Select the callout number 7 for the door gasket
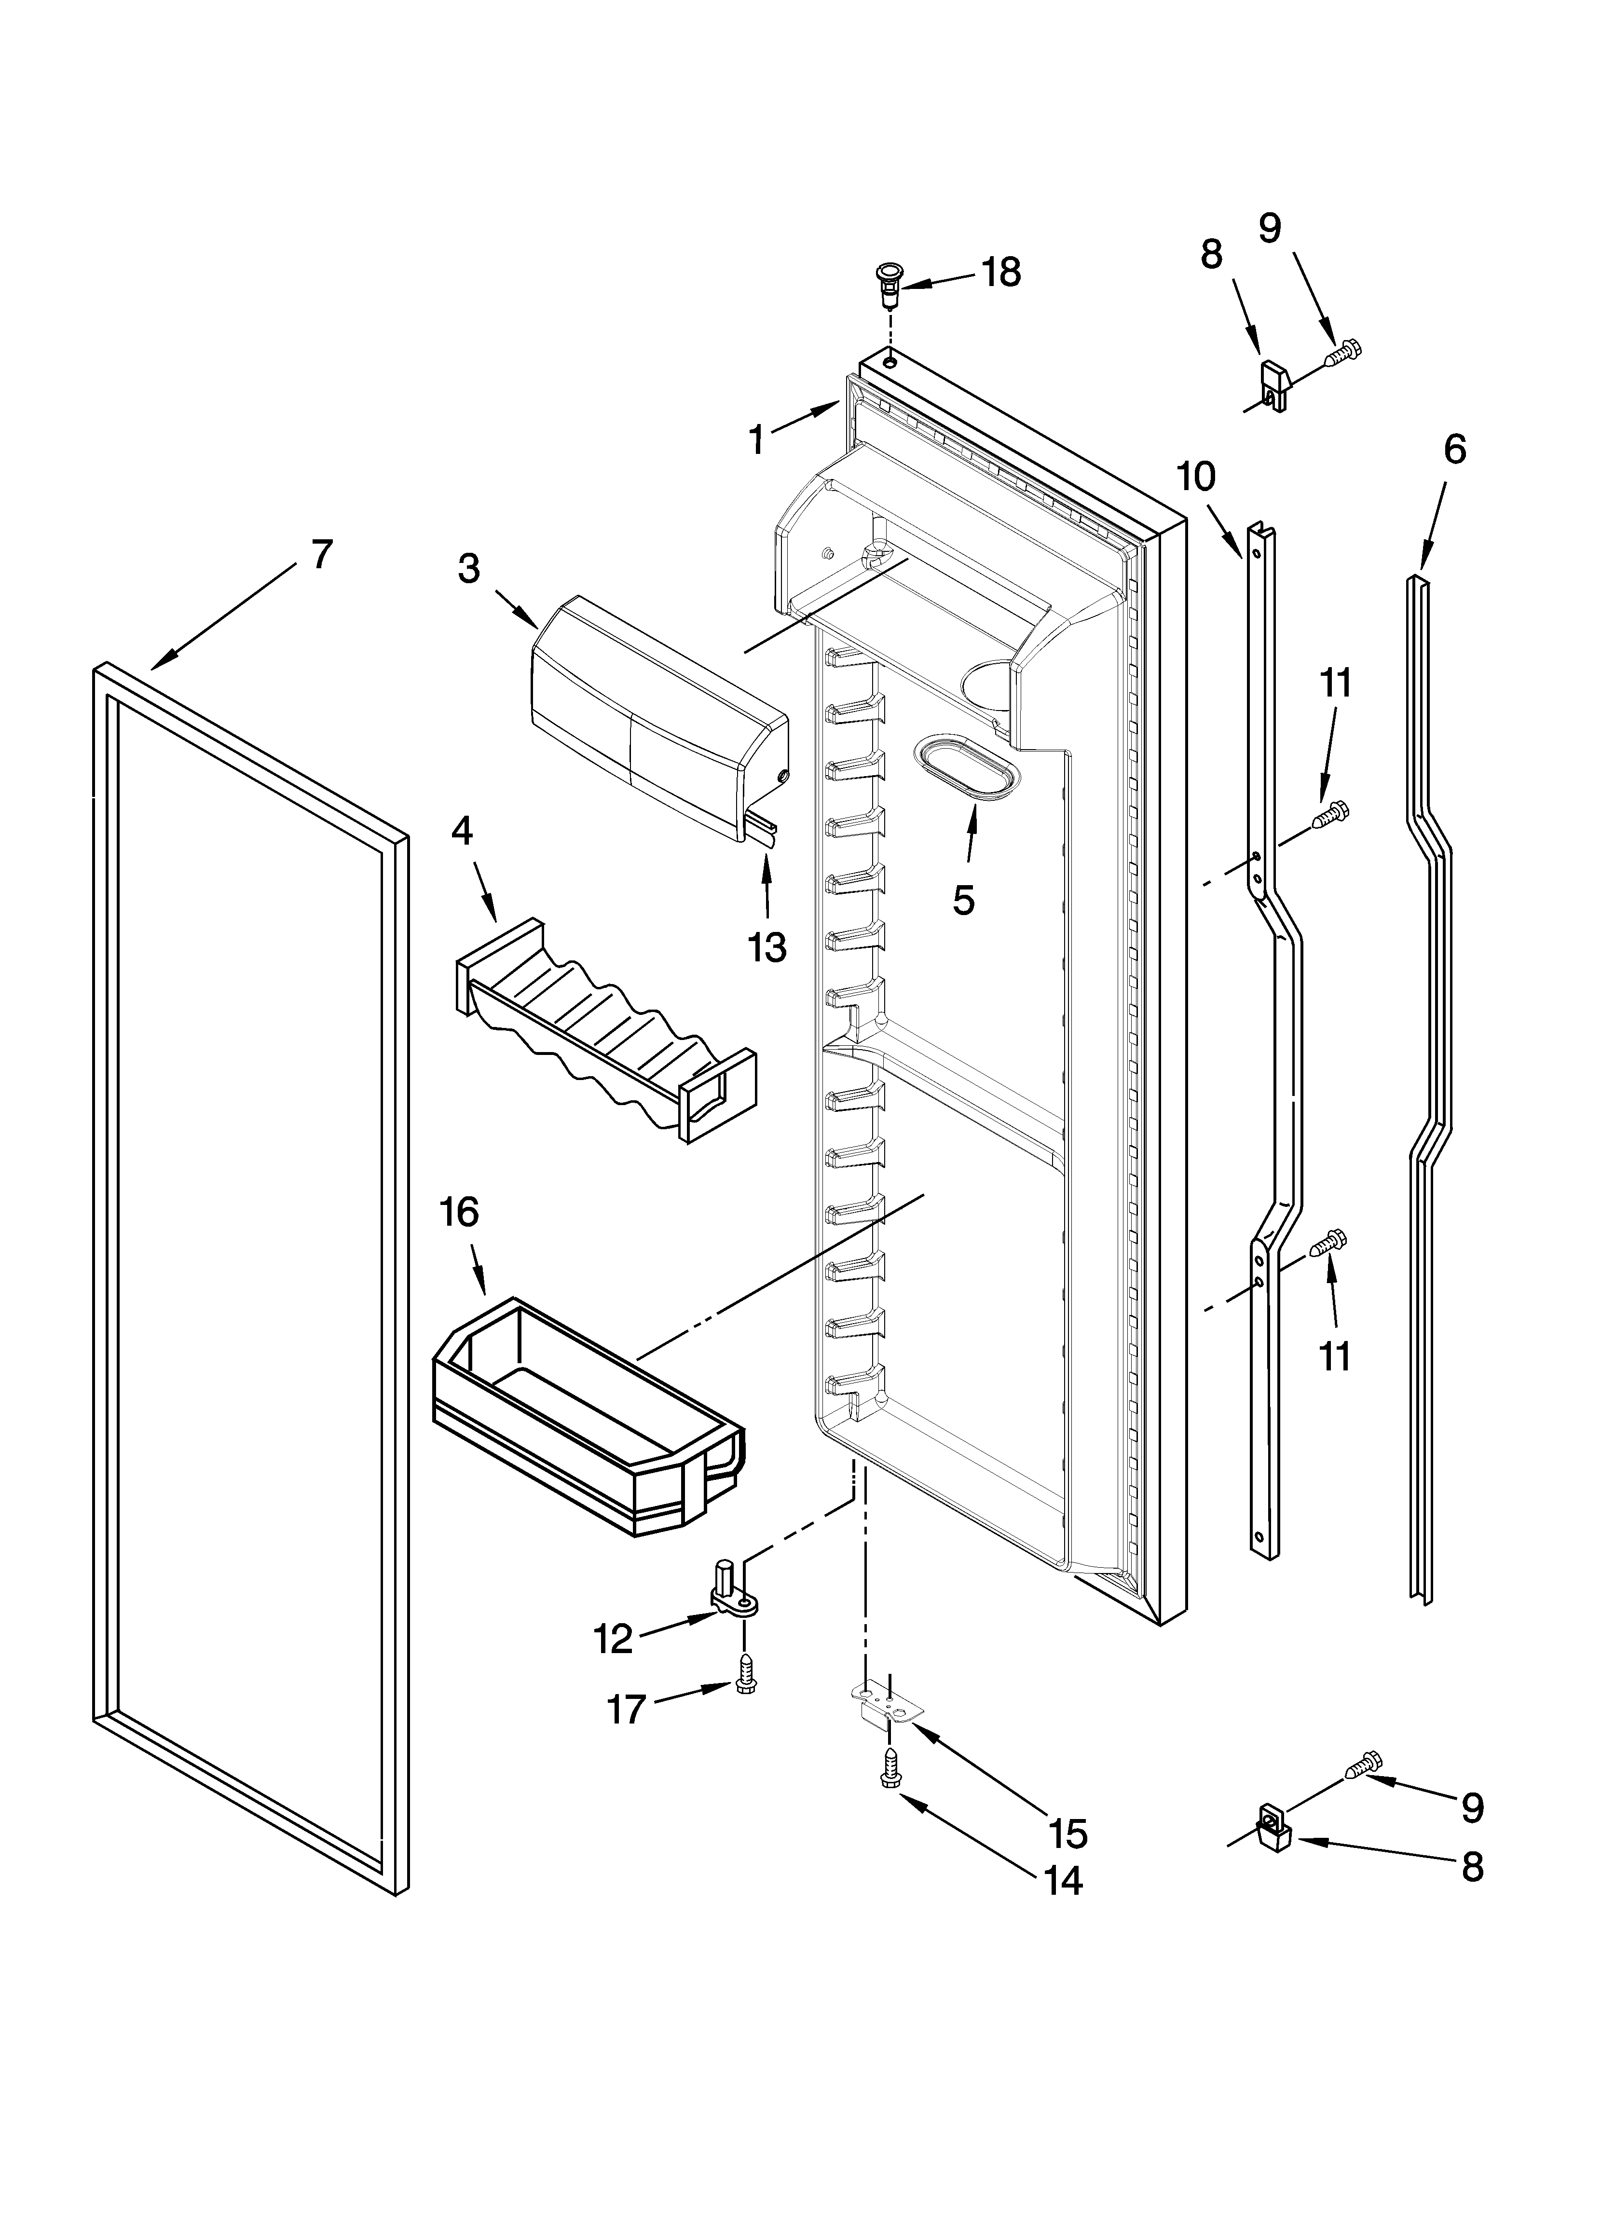click(322, 555)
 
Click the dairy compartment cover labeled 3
click(657, 721)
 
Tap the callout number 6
click(1454, 450)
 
